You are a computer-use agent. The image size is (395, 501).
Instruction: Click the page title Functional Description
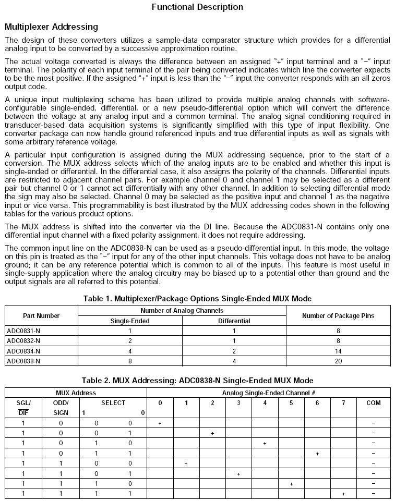pos(197,7)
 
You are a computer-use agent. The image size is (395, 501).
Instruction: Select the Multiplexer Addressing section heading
pos(51,27)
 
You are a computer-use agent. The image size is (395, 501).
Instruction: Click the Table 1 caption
pos(197,298)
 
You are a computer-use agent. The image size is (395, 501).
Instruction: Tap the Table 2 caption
pos(197,381)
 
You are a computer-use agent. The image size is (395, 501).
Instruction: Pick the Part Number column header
pos(41,316)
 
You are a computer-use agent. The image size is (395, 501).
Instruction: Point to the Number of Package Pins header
pos(338,316)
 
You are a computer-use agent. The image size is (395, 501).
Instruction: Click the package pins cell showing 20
pos(338,361)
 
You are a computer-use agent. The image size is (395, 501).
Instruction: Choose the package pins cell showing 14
pos(338,351)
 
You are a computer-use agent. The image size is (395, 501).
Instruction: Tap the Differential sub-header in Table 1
pos(234,321)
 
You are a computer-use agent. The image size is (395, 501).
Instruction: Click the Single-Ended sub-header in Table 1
pos(130,321)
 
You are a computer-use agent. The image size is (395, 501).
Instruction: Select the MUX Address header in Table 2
pos(76,393)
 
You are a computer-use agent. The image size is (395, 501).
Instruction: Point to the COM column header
pos(374,403)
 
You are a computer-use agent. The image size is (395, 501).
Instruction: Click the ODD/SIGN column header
pos(61,407)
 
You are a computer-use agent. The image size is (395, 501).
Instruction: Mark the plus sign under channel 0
pos(160,423)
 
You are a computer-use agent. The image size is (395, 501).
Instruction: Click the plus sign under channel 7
pos(343,494)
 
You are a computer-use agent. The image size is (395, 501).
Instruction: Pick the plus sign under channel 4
pos(265,443)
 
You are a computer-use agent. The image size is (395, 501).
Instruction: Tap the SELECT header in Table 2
pos(113,403)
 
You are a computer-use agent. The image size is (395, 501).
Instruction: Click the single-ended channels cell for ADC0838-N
pos(130,361)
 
